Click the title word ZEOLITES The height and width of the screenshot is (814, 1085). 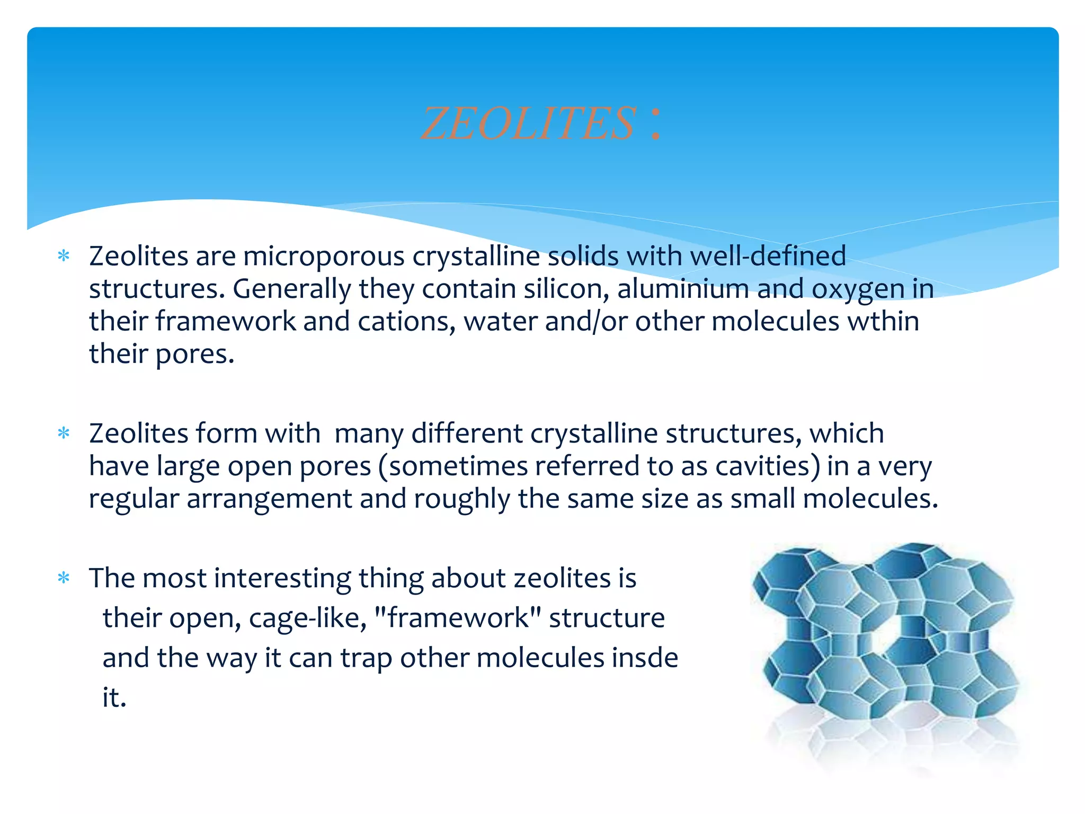(x=528, y=124)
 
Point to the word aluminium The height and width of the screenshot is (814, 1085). (x=683, y=289)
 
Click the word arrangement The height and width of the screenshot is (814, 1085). (x=270, y=499)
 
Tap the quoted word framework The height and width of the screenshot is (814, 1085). (x=458, y=618)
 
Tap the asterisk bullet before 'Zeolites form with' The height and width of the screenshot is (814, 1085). (x=64, y=433)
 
